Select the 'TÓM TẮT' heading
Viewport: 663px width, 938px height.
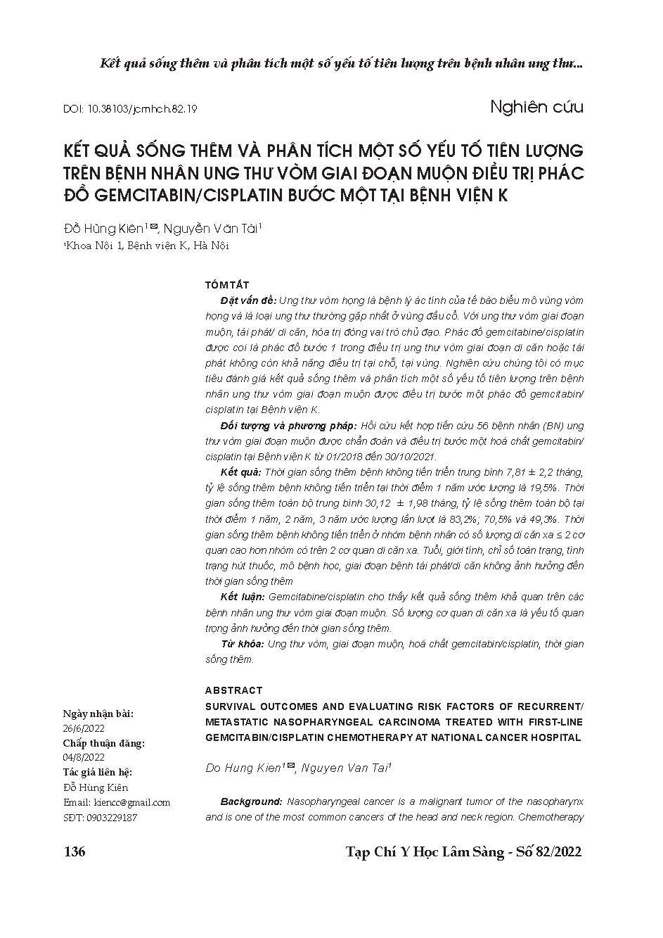(226, 284)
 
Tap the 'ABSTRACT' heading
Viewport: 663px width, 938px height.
(234, 690)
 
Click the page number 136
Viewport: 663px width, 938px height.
(75, 852)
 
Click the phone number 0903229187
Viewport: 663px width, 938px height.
(110, 817)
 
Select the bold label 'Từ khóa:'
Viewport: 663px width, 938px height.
(242, 644)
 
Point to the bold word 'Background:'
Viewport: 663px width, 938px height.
(251, 801)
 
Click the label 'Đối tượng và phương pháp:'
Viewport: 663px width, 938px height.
(288, 426)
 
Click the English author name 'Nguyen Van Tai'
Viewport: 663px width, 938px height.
(345, 768)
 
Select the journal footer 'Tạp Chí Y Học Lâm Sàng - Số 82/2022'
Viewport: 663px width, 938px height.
(464, 852)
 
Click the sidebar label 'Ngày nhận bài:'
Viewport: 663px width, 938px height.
(98, 714)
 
